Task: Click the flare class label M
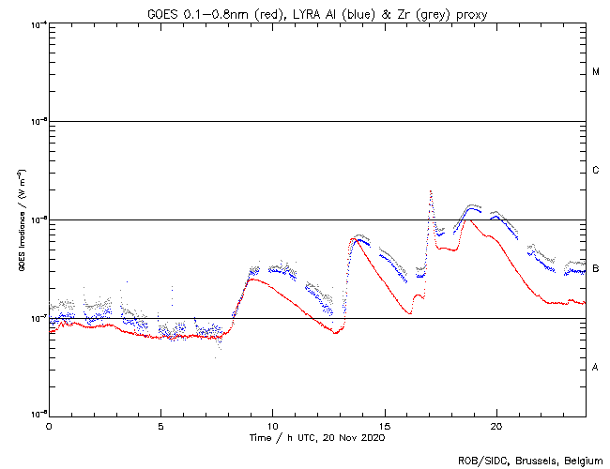coord(596,72)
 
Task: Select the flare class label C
coord(596,171)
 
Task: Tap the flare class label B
coord(596,268)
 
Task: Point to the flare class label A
coord(596,367)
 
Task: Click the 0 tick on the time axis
coord(49,426)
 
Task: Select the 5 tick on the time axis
coord(160,426)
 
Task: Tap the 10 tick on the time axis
coord(272,426)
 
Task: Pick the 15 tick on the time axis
coord(384,426)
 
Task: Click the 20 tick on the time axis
coord(496,426)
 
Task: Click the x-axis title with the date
coord(317,438)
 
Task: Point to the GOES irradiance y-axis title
coord(21,219)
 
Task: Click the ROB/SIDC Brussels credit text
coord(532,460)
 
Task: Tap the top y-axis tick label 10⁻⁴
coord(38,23)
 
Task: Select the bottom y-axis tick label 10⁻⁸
coord(38,413)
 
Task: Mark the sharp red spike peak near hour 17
coord(430,191)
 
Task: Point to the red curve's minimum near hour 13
coord(335,333)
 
